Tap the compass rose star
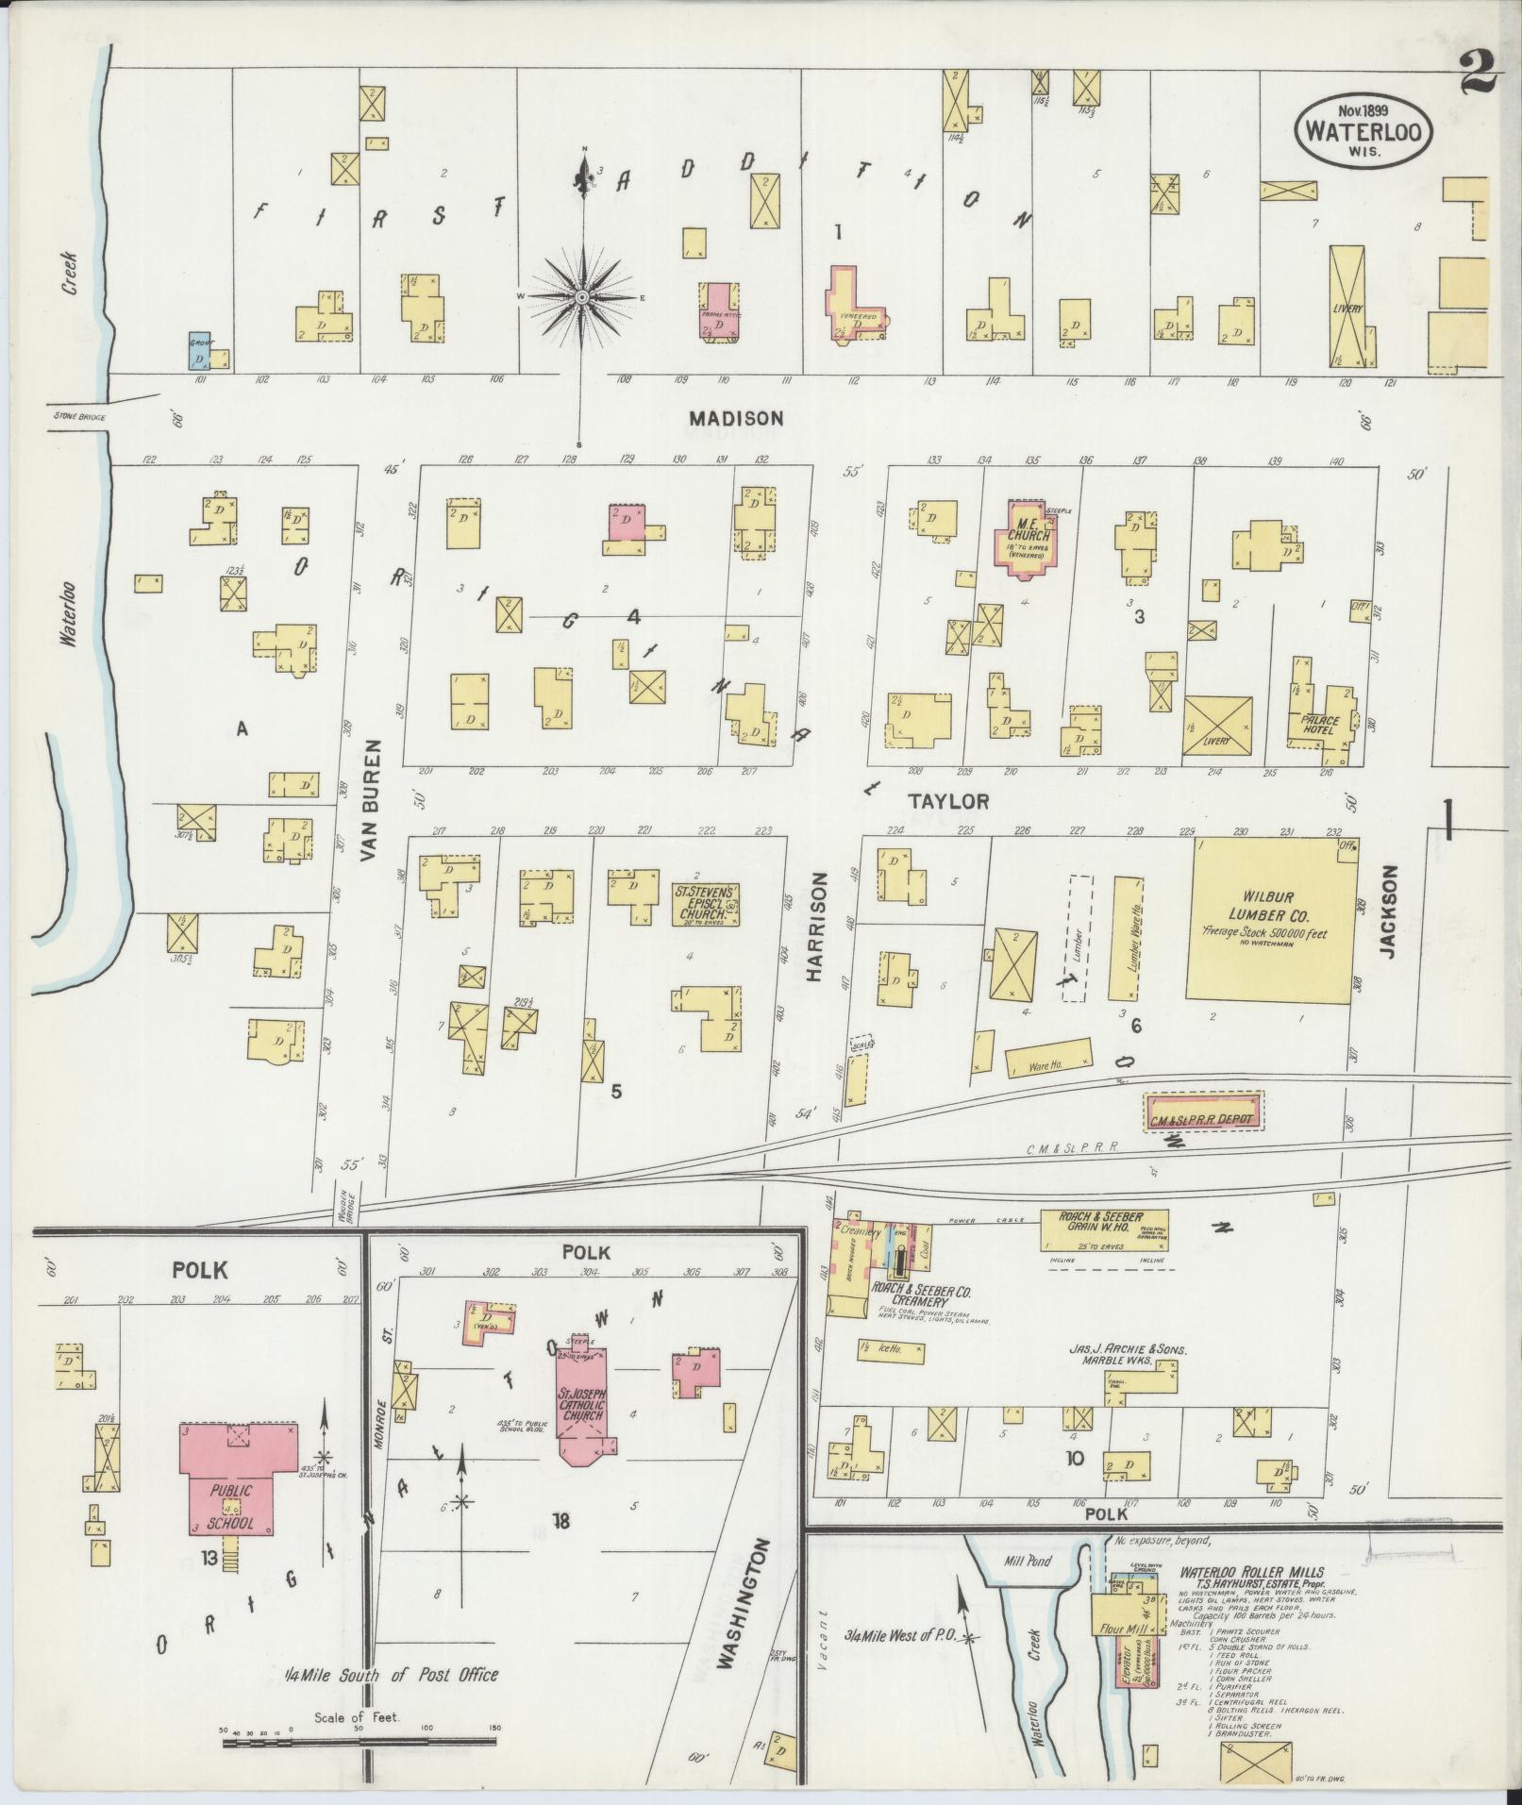click(x=582, y=296)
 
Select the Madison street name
click(x=736, y=417)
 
